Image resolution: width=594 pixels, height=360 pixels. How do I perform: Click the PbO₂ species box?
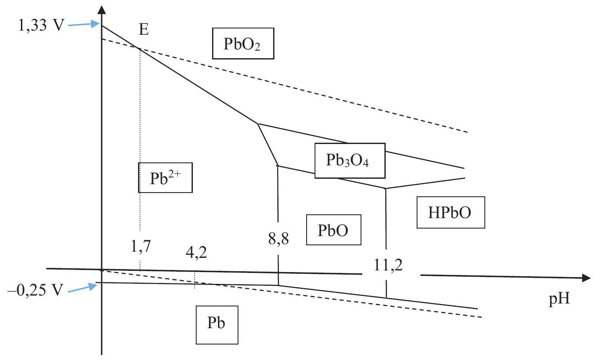pyautogui.click(x=243, y=43)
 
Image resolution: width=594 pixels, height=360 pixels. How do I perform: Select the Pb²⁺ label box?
pyautogui.click(x=165, y=177)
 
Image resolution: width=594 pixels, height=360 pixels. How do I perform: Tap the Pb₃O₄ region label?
pyautogui.click(x=350, y=160)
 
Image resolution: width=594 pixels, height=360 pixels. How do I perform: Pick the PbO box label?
pyautogui.click(x=333, y=230)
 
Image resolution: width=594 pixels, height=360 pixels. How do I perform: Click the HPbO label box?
pyautogui.click(x=451, y=212)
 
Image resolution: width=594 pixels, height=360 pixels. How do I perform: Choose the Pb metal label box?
pyautogui.click(x=217, y=325)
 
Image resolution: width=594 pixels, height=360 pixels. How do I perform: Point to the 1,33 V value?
pyautogui.click(x=41, y=26)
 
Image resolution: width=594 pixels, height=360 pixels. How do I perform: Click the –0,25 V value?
pyautogui.click(x=36, y=290)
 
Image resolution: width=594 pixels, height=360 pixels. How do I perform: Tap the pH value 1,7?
pyautogui.click(x=141, y=246)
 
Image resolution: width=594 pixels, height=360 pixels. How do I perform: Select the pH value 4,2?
pyautogui.click(x=196, y=252)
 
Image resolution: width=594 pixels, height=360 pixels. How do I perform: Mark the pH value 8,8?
pyautogui.click(x=279, y=239)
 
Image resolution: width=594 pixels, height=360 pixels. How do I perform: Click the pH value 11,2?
pyautogui.click(x=388, y=265)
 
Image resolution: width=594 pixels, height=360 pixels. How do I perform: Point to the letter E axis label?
pyautogui.click(x=144, y=29)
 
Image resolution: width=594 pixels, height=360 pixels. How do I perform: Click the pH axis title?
pyautogui.click(x=559, y=299)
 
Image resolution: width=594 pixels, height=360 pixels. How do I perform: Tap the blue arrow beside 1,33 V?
pyautogui.click(x=84, y=24)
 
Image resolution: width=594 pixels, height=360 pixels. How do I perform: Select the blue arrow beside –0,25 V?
pyautogui.click(x=83, y=288)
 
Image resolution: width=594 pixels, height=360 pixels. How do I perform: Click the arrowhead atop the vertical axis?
pyautogui.click(x=102, y=10)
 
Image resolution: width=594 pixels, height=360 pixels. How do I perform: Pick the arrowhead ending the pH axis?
pyautogui.click(x=586, y=278)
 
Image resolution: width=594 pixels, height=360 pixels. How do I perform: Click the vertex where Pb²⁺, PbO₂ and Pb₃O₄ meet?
pyautogui.click(x=258, y=124)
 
